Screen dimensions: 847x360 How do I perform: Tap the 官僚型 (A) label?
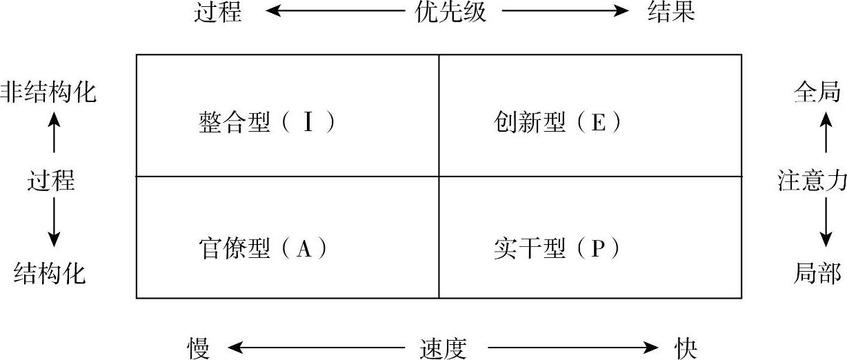point(262,248)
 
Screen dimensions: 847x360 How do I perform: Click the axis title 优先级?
point(450,12)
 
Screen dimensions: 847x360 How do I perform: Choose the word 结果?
point(670,12)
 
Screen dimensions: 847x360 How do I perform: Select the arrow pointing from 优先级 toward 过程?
point(335,12)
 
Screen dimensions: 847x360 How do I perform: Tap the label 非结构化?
point(48,92)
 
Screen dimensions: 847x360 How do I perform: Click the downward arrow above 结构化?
point(54,227)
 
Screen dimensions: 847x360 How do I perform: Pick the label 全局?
point(817,92)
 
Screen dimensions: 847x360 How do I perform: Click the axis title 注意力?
point(812,181)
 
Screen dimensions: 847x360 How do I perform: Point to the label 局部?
point(817,274)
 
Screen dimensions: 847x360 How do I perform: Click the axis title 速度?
point(443,348)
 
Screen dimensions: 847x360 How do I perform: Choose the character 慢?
point(199,348)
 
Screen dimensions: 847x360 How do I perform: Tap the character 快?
point(687,348)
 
